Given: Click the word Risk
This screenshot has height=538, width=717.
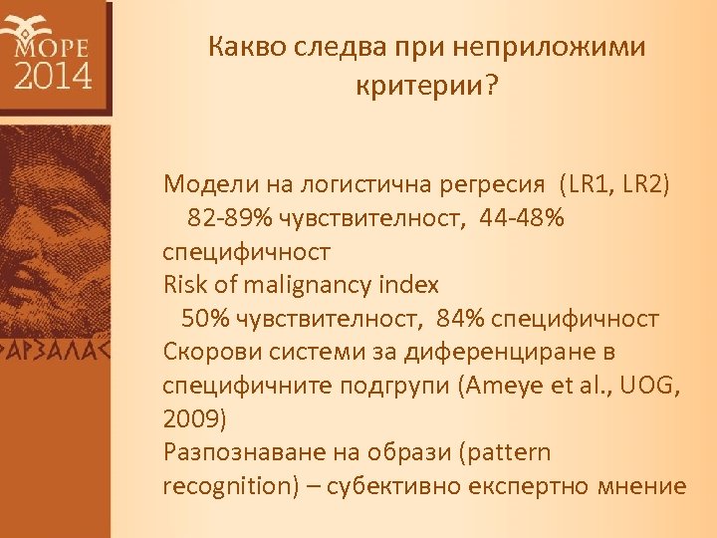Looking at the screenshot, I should [185, 285].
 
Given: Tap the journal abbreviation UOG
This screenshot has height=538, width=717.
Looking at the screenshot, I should [649, 386].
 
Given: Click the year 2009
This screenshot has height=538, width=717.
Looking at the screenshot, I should [189, 419].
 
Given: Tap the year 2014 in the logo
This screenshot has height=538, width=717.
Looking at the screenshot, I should [52, 75].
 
